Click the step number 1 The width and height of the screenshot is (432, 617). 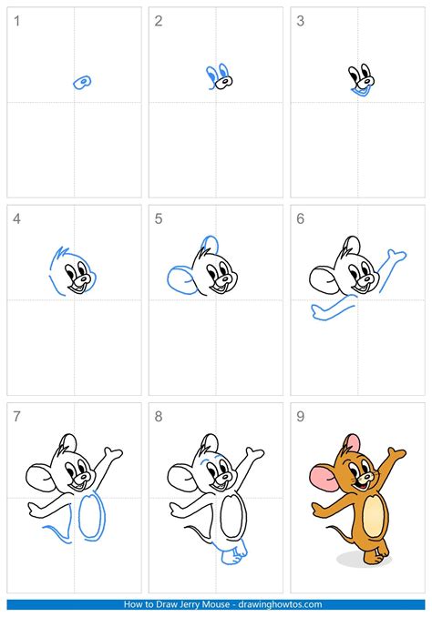(16, 21)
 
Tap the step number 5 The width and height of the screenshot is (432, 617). (159, 218)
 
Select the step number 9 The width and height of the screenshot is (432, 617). (301, 416)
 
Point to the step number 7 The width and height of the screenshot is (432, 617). (16, 416)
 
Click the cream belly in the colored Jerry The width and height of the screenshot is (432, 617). (374, 515)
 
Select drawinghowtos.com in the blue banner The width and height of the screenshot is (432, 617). (280, 604)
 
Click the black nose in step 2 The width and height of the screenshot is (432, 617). (225, 82)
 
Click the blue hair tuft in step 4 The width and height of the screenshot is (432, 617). (61, 253)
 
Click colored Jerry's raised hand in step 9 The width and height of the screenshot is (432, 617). (396, 453)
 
